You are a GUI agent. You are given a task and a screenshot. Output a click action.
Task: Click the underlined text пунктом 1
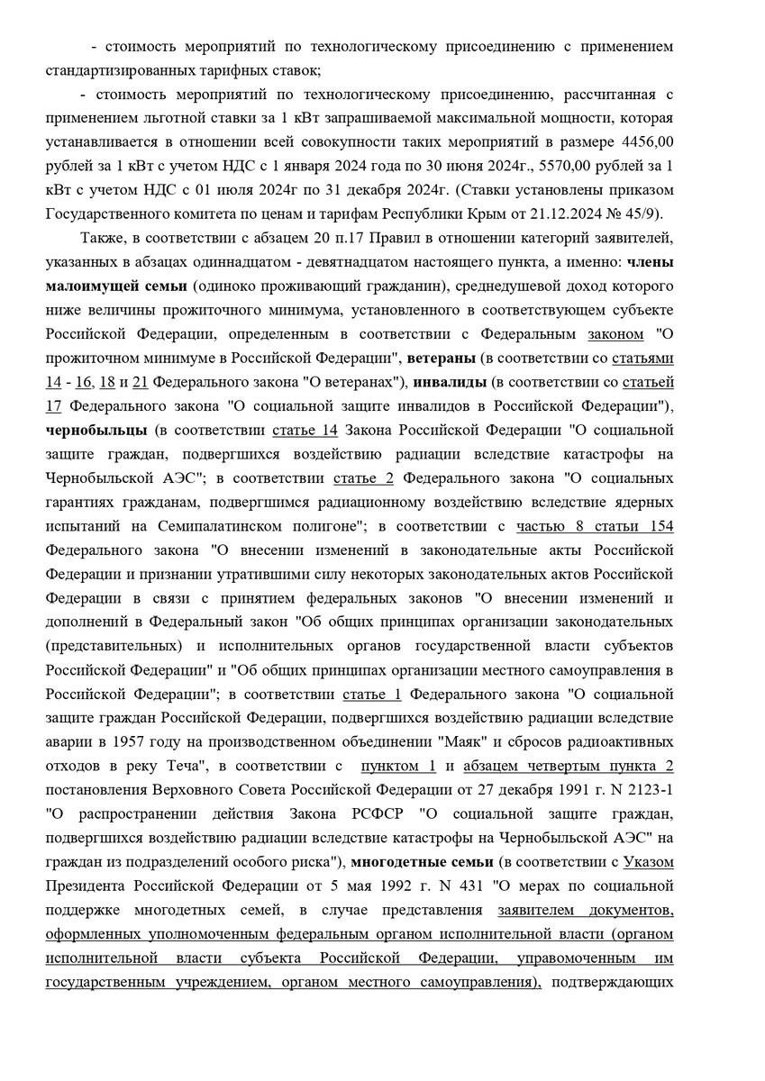coord(398,767)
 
